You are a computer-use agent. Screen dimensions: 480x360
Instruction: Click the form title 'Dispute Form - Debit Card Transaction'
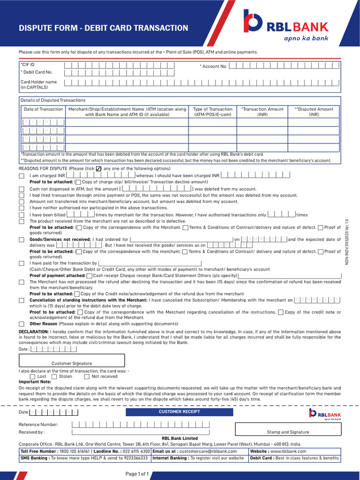point(103,28)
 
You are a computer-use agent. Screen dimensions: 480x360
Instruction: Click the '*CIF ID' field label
point(28,64)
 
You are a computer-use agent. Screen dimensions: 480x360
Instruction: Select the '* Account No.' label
point(214,67)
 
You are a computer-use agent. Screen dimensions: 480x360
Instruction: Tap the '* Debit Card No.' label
point(37,72)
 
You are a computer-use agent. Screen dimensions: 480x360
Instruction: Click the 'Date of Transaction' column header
point(43,109)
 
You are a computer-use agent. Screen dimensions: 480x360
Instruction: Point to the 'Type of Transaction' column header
point(213,112)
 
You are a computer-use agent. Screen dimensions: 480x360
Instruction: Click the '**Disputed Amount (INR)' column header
point(314,112)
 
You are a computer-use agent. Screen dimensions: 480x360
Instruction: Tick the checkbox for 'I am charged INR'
point(22,176)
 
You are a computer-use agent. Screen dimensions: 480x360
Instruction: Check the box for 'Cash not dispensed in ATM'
point(22,189)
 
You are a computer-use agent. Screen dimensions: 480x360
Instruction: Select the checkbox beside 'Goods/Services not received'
point(22,240)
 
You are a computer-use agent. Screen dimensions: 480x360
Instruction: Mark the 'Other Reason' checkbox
point(22,324)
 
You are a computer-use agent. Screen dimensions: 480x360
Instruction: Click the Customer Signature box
point(72,360)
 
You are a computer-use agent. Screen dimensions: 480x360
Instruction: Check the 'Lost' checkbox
point(32,376)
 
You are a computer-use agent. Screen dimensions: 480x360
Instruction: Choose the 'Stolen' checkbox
point(54,376)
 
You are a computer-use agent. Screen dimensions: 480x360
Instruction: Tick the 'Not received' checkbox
point(87,376)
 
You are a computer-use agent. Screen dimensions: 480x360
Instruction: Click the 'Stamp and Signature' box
point(288,427)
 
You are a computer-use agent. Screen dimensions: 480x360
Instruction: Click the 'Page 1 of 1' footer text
point(137,474)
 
